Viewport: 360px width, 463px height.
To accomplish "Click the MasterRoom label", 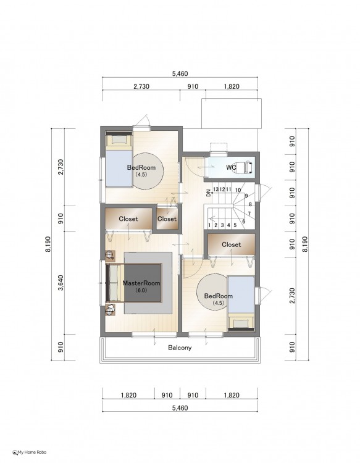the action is (x=141, y=283).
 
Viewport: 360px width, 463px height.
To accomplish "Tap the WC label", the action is (x=231, y=167).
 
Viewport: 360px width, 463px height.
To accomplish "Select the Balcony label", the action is (x=180, y=348).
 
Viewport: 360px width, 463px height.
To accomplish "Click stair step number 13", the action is (x=216, y=190).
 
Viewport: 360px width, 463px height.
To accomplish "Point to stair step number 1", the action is (x=209, y=225).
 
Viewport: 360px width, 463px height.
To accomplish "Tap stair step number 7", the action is (x=249, y=214).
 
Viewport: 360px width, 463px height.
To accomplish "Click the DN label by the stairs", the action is (x=209, y=193).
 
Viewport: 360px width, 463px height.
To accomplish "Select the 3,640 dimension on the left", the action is (x=61, y=283).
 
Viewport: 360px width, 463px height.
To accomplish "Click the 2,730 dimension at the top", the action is (x=141, y=86).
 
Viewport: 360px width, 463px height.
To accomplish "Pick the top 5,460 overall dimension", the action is (x=180, y=73).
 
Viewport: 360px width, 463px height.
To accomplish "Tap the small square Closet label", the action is (x=167, y=219).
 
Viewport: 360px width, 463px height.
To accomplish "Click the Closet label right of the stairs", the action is (x=231, y=244).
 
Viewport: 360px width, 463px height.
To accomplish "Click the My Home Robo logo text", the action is (x=32, y=452).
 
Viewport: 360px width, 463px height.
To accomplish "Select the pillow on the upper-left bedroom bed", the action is (x=119, y=140).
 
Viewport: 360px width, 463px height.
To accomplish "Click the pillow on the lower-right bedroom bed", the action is (x=241, y=324).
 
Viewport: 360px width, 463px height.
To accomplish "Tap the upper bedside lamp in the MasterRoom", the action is (x=110, y=255).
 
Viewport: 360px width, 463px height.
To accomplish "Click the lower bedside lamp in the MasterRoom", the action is (x=110, y=310).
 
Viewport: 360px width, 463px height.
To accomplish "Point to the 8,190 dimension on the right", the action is (x=305, y=244).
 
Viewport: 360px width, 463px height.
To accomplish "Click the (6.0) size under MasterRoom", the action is (x=141, y=290).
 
